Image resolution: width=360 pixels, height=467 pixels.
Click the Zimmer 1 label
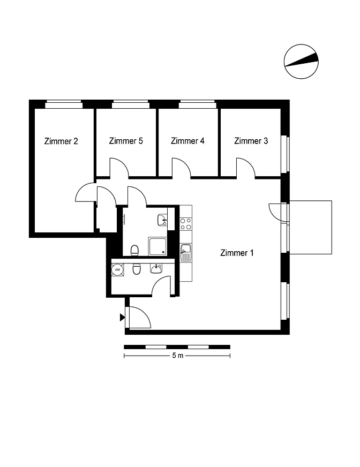(x=237, y=253)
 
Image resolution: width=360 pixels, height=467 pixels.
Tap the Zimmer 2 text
(x=61, y=141)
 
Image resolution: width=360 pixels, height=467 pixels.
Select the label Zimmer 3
(x=251, y=140)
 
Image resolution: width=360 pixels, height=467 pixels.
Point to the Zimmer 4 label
(x=187, y=140)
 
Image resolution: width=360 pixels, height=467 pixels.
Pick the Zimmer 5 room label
(x=126, y=140)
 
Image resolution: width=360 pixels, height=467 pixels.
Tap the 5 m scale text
(x=178, y=355)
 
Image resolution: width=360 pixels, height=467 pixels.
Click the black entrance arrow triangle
(x=122, y=318)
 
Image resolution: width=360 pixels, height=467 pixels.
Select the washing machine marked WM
(x=117, y=269)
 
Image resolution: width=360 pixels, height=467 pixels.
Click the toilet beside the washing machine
(x=137, y=269)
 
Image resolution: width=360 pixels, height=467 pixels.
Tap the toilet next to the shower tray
(x=134, y=251)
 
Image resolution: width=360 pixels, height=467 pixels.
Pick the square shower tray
(x=158, y=246)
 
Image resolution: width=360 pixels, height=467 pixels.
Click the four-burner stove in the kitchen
(x=186, y=224)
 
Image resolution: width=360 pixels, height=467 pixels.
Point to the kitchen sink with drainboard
(x=186, y=253)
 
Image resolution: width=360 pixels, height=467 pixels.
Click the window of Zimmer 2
(x=64, y=104)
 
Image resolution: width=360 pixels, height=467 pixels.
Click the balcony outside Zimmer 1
(x=311, y=227)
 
